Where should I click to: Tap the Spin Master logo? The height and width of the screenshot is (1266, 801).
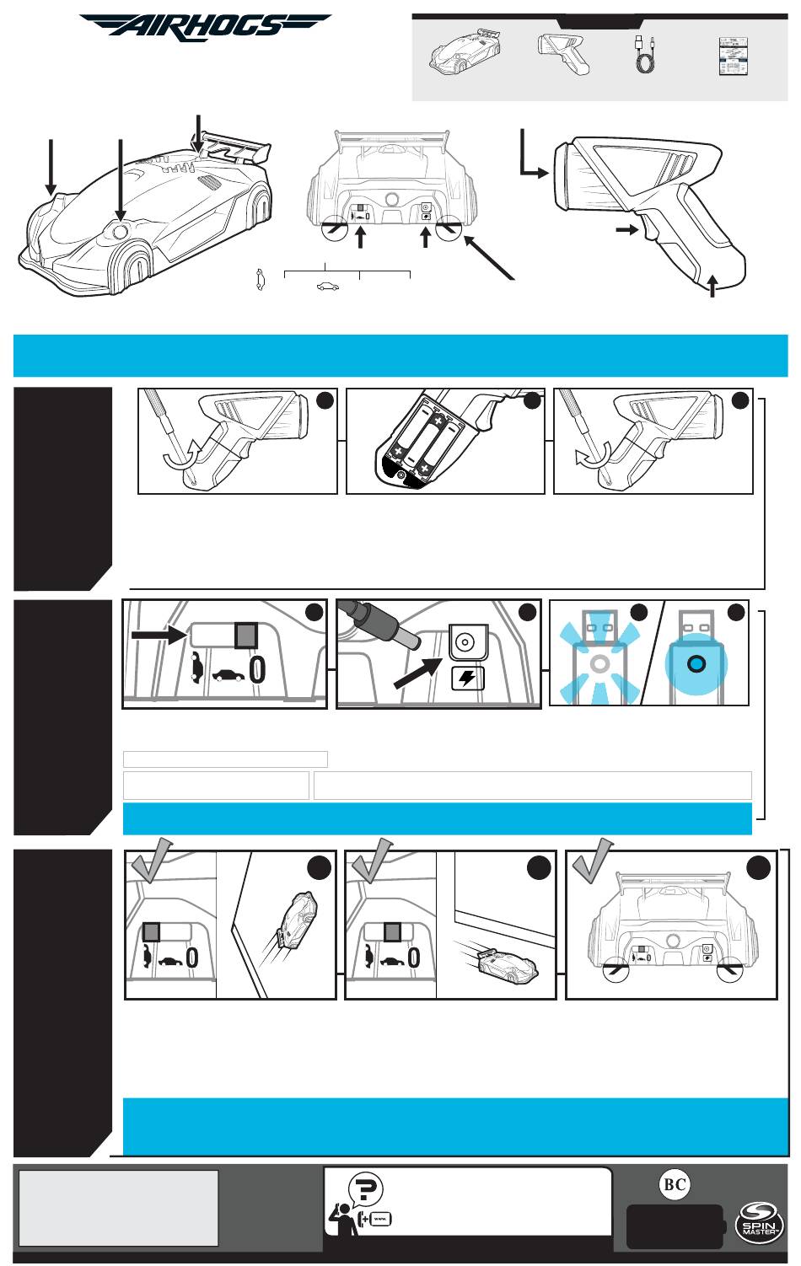[759, 1222]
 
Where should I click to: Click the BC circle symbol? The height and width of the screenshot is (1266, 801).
[675, 1184]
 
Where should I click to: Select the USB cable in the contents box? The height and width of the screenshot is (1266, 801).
[644, 54]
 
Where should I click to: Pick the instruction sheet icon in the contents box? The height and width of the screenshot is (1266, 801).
[734, 56]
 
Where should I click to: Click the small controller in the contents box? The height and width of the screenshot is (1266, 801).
[563, 54]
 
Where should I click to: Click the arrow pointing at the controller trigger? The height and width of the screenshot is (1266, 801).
[626, 230]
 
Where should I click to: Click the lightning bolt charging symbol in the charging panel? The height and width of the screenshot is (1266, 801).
[467, 679]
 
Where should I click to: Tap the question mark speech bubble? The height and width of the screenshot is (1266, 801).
[365, 1188]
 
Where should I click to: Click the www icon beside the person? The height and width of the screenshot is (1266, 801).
[380, 1220]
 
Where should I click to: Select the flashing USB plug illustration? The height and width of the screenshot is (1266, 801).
[599, 657]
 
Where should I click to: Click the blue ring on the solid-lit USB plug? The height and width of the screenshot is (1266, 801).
[696, 663]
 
